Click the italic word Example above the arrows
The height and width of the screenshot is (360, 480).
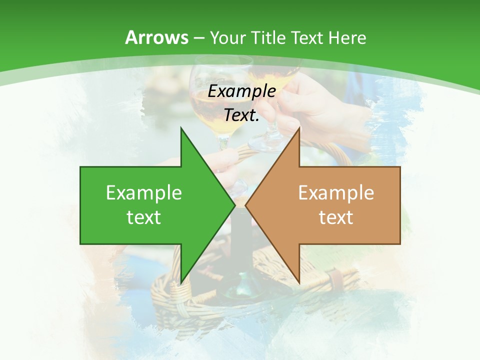click(x=242, y=91)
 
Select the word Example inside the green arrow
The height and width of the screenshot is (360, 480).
click(x=144, y=192)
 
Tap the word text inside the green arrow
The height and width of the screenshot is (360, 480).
click(x=144, y=217)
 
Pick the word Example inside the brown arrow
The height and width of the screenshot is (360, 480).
click(x=336, y=192)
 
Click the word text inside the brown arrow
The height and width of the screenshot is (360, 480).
click(x=336, y=217)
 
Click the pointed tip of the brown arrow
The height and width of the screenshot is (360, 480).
click(x=246, y=205)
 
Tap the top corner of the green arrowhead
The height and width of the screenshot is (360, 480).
click(x=181, y=128)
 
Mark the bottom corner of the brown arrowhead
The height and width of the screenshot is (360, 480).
click(x=299, y=282)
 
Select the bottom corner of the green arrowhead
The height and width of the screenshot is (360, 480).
click(x=181, y=282)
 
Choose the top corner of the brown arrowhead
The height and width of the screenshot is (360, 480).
click(x=299, y=128)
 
